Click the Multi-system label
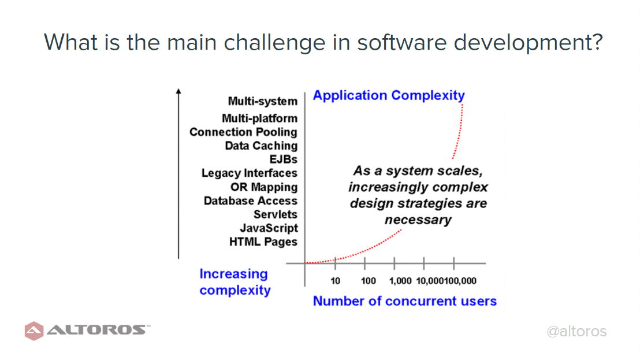pos(263,101)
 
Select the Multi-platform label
pos(259,118)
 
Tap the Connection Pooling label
pos(243,132)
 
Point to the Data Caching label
pos(261,146)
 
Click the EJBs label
pos(283,159)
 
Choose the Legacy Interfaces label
pos(250,173)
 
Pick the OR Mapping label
pos(264,187)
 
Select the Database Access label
pos(251,201)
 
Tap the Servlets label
pos(276,214)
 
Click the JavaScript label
pos(269,228)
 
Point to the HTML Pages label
pos(263,242)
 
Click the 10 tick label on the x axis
pos(335,281)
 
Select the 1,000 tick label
pos(400,281)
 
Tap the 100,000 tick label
pos(460,281)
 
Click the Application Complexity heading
pos(389,95)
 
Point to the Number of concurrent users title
pos(405,301)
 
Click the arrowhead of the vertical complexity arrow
pos(178,91)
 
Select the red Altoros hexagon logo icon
pos(34,331)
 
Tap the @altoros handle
pos(576,331)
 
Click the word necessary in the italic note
pos(418,220)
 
